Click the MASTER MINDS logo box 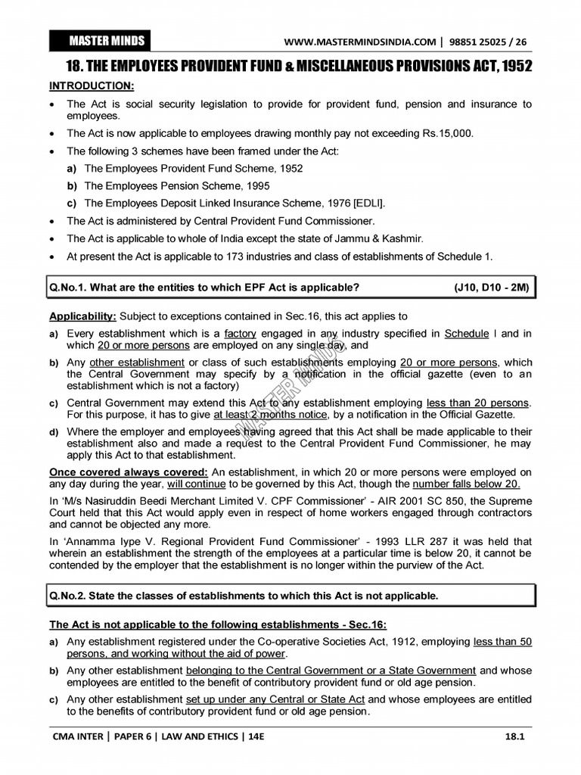click(x=98, y=40)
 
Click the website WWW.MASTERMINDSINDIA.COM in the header click(x=360, y=42)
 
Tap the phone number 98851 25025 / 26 click(x=489, y=42)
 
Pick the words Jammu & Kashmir click(x=384, y=238)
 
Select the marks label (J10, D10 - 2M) click(x=492, y=288)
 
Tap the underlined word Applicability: click(x=83, y=316)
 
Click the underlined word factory click(x=241, y=333)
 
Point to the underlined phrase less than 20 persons click(x=478, y=403)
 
